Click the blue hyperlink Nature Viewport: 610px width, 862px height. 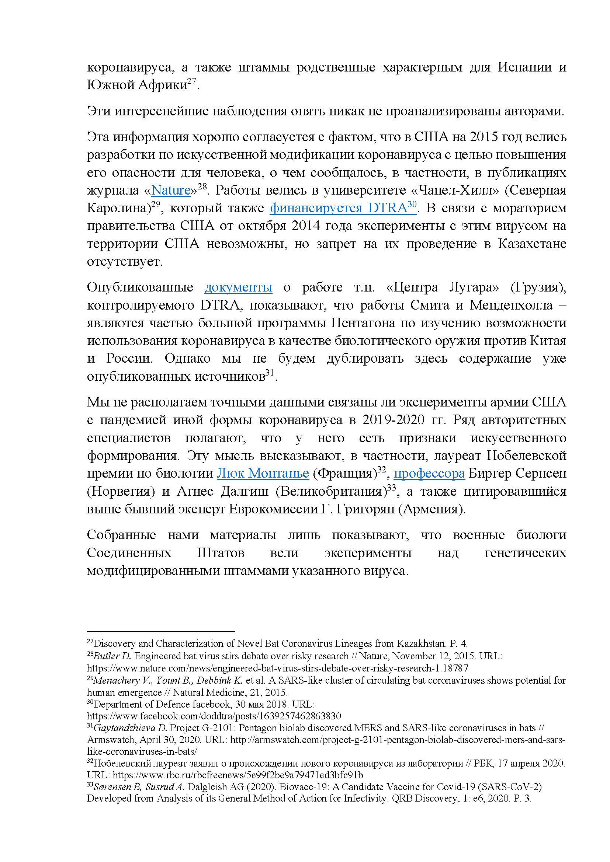tap(170, 191)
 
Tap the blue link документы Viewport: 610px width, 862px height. tap(238, 287)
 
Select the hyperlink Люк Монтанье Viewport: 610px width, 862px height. tap(263, 474)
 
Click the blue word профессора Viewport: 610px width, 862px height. tap(429, 474)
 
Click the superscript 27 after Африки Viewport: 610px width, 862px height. tap(192, 82)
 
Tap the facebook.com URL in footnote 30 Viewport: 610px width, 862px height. tap(214, 716)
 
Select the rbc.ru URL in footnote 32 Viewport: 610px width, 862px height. tap(238, 775)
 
